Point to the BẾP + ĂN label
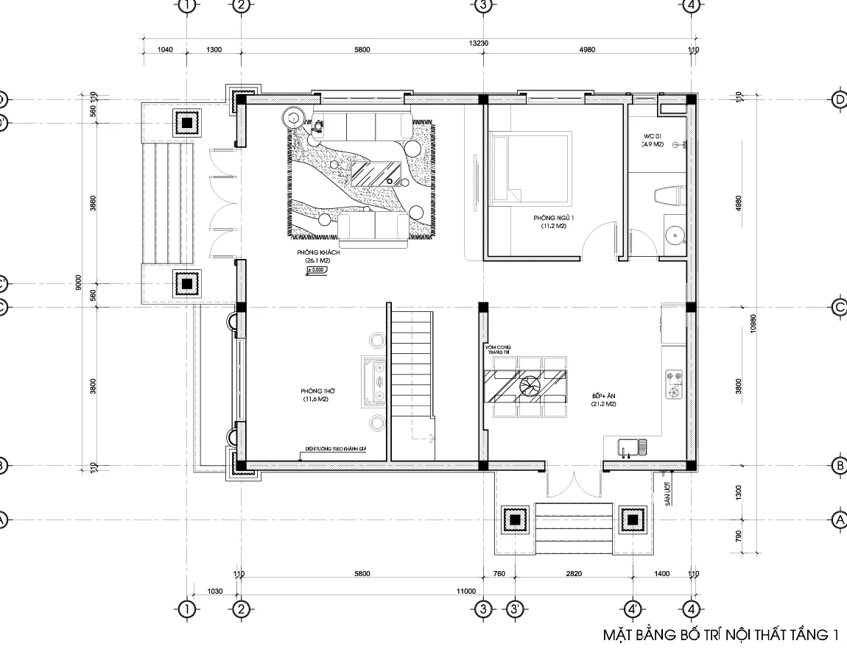click(602, 396)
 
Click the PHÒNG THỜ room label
click(314, 391)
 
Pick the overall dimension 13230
click(479, 43)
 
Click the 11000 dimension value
click(466, 590)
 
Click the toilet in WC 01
click(668, 196)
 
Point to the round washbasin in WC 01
click(673, 234)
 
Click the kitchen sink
click(633, 447)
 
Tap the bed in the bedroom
click(531, 167)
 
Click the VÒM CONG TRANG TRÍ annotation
click(497, 349)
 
